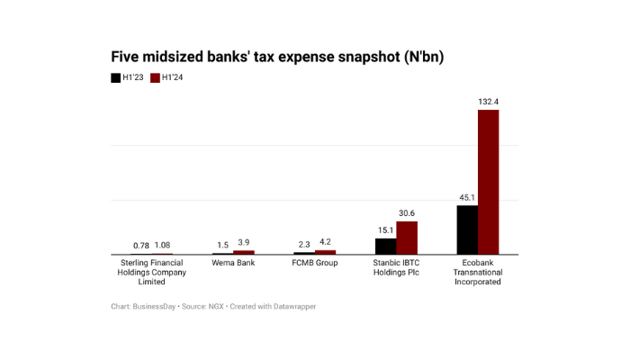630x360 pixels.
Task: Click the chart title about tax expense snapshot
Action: pyautogui.click(x=277, y=57)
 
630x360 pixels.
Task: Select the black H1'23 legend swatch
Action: pyautogui.click(x=116, y=78)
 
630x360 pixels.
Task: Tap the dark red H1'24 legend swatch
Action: pyautogui.click(x=155, y=78)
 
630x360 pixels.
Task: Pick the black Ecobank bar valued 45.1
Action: pyautogui.click(x=467, y=229)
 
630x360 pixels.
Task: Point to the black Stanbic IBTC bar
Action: pyautogui.click(x=385, y=246)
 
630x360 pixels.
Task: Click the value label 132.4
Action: pyautogui.click(x=488, y=102)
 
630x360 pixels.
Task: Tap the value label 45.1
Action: pyautogui.click(x=466, y=198)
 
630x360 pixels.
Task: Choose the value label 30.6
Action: pyautogui.click(x=407, y=213)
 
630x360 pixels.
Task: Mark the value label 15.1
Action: pyautogui.click(x=385, y=230)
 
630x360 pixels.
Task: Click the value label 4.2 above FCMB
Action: pyautogui.click(x=325, y=242)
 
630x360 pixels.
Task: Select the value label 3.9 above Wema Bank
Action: pyautogui.click(x=244, y=243)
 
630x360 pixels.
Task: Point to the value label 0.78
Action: pyautogui.click(x=140, y=246)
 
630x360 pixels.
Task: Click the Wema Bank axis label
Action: pyautogui.click(x=233, y=263)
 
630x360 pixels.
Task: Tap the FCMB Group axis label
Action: pyautogui.click(x=314, y=263)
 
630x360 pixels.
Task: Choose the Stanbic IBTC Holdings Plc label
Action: pyautogui.click(x=396, y=267)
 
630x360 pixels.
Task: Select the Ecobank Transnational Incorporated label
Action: pyautogui.click(x=477, y=272)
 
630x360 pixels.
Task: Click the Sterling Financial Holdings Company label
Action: pyautogui.click(x=152, y=272)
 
